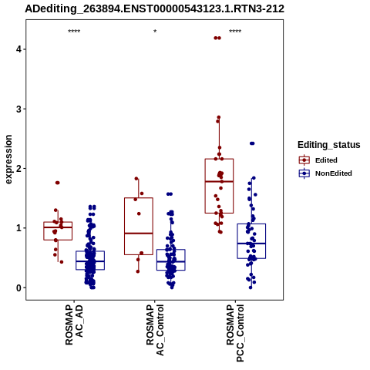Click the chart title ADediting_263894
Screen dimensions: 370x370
tap(155, 8)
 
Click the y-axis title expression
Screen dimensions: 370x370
tap(8, 160)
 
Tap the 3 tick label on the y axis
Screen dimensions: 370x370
tap(19, 109)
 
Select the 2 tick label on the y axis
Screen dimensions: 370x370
tap(19, 169)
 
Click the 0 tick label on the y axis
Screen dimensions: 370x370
tap(19, 288)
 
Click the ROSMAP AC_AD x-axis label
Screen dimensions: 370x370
tap(74, 325)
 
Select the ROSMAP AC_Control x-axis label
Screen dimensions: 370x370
tap(155, 330)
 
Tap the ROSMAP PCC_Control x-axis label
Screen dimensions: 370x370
tap(235, 333)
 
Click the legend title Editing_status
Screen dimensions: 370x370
tap(329, 145)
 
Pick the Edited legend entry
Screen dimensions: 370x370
tap(326, 160)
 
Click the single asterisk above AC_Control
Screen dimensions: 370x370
tap(155, 32)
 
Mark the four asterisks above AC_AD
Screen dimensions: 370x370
tap(74, 32)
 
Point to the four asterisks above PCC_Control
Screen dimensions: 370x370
tap(235, 32)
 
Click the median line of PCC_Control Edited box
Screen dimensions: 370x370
tap(219, 181)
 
